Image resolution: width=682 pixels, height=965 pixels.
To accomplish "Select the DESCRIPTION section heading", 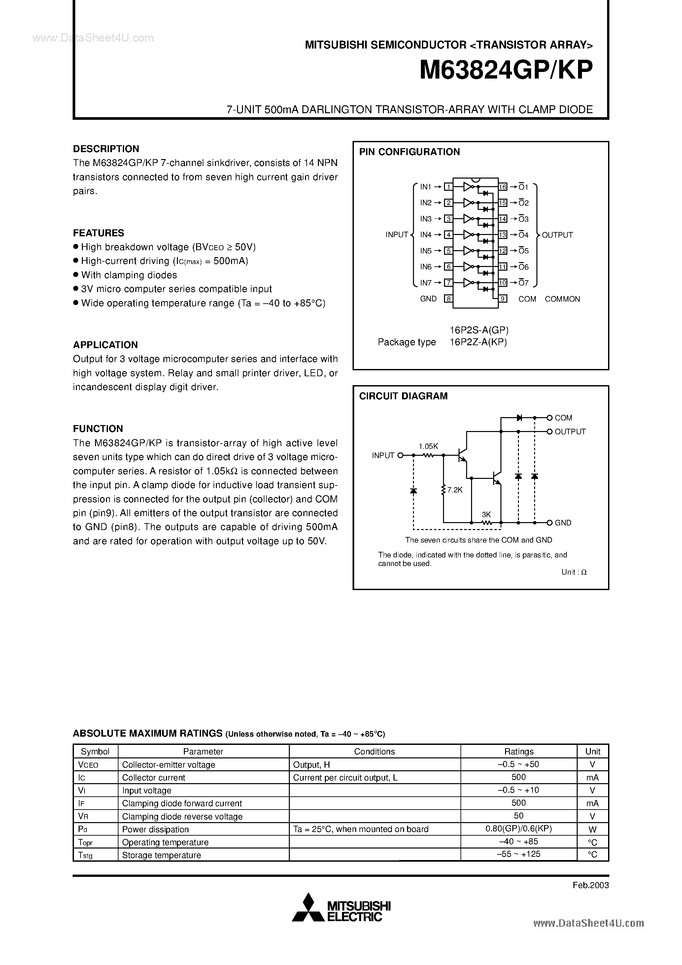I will click(106, 149).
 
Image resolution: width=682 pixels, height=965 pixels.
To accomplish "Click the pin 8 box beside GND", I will click(449, 299).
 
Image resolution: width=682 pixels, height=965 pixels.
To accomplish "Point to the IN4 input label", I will click(426, 235).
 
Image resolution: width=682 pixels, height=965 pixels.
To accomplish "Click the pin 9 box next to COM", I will click(503, 299).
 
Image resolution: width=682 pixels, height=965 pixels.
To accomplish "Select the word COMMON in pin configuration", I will click(562, 299).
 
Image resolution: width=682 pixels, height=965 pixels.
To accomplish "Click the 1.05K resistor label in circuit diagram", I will click(428, 446).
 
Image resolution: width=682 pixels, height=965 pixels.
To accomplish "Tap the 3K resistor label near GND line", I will click(487, 515).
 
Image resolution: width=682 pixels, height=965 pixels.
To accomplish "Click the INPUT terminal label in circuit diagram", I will click(383, 455).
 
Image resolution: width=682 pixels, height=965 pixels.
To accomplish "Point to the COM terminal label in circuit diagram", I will click(563, 418).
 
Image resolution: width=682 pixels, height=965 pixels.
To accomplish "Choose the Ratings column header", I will click(519, 751).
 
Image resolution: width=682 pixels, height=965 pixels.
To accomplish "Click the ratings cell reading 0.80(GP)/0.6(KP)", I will click(519, 828).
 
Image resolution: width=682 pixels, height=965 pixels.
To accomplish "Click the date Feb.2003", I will click(590, 885).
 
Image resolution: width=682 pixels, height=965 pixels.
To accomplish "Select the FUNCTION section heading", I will click(98, 429).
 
